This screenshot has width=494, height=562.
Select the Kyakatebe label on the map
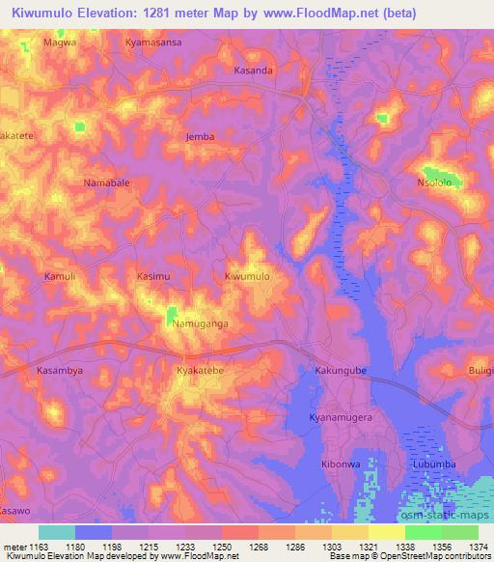(x=200, y=371)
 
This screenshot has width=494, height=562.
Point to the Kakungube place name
(x=342, y=371)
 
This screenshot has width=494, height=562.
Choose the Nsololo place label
(x=434, y=182)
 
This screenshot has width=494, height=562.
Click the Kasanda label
(x=254, y=71)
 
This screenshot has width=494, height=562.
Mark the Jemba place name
(x=200, y=137)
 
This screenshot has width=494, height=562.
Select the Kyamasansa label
(x=154, y=44)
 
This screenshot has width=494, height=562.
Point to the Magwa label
(x=59, y=44)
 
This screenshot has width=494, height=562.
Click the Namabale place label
(x=106, y=182)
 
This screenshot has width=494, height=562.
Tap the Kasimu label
(x=154, y=277)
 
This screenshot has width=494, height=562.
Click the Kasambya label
(x=58, y=371)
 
